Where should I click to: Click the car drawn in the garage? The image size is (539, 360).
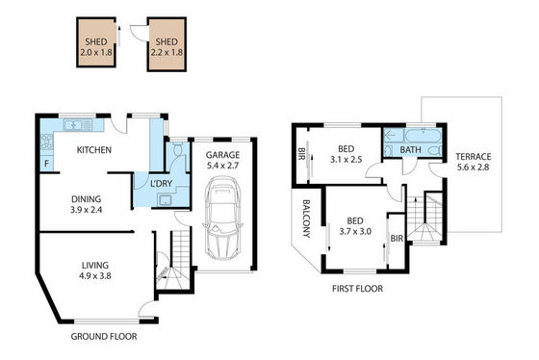pyautogui.click(x=223, y=219)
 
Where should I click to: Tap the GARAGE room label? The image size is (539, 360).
pyautogui.click(x=222, y=155)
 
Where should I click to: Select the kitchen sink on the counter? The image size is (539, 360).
pyautogui.click(x=78, y=125)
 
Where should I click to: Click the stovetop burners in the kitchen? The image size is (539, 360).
pyautogui.click(x=47, y=142)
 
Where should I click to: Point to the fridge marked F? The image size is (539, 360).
pyautogui.click(x=47, y=164)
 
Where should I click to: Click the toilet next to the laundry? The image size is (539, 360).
pyautogui.click(x=178, y=149)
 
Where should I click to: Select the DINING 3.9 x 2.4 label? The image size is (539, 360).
pyautogui.click(x=87, y=204)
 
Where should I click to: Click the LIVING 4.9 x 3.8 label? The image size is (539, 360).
pyautogui.click(x=95, y=270)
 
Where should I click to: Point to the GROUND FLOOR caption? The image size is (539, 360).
pyautogui.click(x=104, y=337)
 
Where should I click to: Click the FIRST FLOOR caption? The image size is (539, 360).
pyautogui.click(x=357, y=289)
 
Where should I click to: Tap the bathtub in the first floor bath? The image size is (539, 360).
pyautogui.click(x=423, y=136)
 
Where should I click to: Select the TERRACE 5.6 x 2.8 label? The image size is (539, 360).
pyautogui.click(x=473, y=162)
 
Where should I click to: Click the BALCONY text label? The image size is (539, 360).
pyautogui.click(x=306, y=219)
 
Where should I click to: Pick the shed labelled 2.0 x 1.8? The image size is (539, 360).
pyautogui.click(x=96, y=42)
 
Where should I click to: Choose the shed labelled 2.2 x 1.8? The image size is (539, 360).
pyautogui.click(x=167, y=44)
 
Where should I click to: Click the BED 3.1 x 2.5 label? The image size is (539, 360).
pyautogui.click(x=346, y=154)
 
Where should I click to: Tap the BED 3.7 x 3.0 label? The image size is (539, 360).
pyautogui.click(x=355, y=226)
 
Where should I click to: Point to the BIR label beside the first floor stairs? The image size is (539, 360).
pyautogui.click(x=397, y=239)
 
